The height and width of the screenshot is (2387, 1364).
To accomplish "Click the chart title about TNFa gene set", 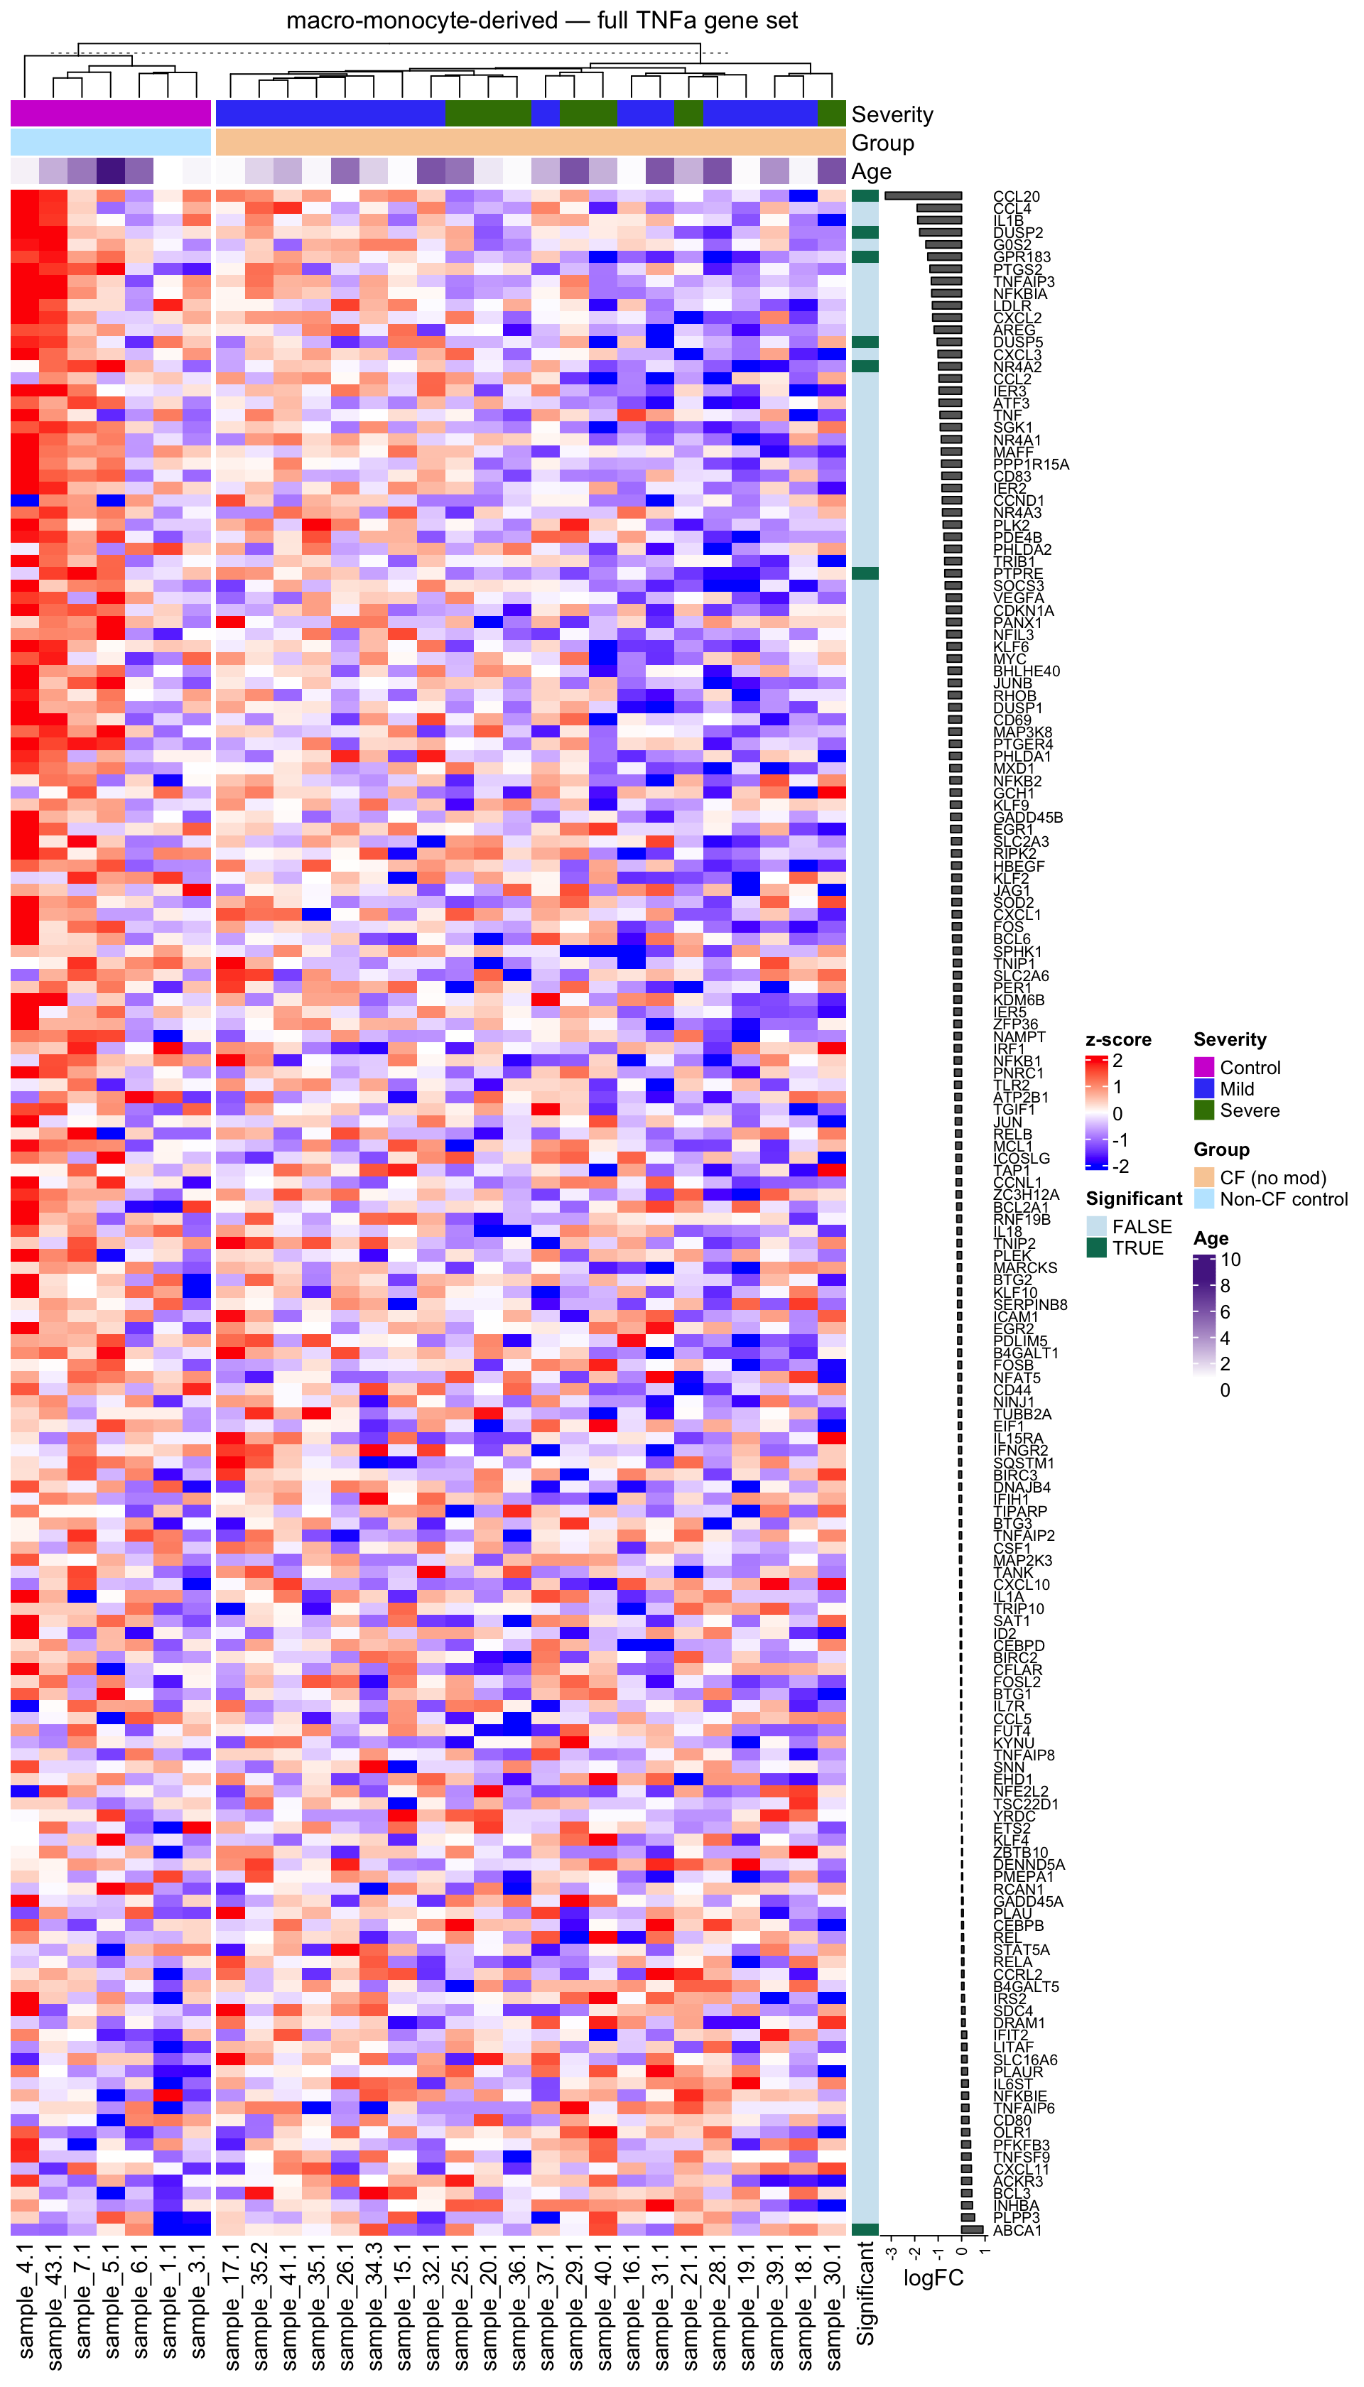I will coord(541,21).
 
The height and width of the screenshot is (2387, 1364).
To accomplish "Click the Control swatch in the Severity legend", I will coord(1204,1067).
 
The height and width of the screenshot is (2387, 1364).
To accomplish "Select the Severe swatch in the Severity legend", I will coord(1204,1110).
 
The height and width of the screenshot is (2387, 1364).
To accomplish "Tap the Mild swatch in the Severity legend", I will coord(1204,1088).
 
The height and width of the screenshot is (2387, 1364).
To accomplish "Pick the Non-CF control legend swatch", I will coord(1204,1199).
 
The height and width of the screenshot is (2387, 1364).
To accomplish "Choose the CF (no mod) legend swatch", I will coord(1204,1178).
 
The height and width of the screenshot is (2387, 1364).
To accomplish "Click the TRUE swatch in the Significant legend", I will coord(1096,1247).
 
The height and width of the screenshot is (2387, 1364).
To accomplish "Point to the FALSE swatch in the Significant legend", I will coord(1096,1226).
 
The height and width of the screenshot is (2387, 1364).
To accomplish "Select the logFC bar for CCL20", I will coord(924,196).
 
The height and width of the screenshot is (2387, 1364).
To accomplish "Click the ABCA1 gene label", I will coord(1017,2231).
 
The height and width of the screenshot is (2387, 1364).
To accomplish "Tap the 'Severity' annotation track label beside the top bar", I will coord(892,114).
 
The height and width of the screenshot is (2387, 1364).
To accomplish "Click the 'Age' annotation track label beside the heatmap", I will coord(870,171).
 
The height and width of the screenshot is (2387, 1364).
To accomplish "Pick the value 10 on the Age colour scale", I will coord(1230,1260).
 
